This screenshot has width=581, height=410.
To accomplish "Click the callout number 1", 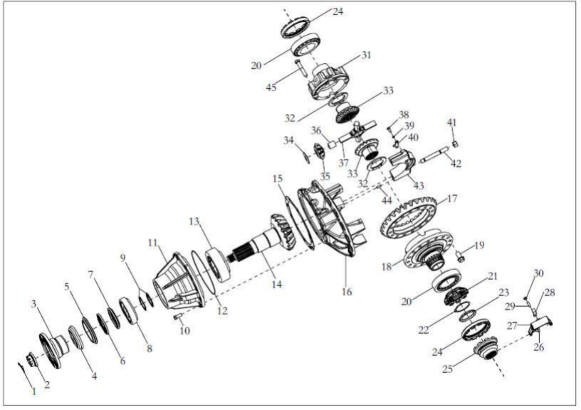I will pos(34,391).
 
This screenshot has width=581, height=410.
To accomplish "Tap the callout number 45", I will pos(271,87).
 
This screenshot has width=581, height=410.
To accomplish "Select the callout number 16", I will pos(347,292).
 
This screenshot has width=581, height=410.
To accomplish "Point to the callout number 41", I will pos(452,122).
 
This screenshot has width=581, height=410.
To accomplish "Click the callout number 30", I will pos(538,273).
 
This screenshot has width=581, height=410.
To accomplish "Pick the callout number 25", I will pos(448,369).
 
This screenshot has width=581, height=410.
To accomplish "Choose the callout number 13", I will pos(194,221).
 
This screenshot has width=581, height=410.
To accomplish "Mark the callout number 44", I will pos(387,200).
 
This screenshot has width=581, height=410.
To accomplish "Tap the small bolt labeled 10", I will pos(178,317).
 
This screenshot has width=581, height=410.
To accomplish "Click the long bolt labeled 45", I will pos(301,69).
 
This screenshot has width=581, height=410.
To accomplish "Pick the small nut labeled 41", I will pos(455,143).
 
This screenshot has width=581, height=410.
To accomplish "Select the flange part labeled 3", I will pos(53,349).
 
